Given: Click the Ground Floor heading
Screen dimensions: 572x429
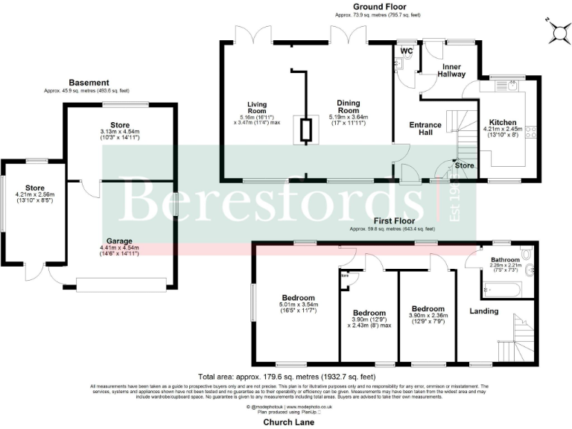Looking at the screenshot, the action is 385,5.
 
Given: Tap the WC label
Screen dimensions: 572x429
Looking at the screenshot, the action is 407,51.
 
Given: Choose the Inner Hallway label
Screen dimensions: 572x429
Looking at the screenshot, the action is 450,70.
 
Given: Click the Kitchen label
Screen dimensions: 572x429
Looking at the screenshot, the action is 502,123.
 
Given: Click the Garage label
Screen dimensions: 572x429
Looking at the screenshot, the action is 120,241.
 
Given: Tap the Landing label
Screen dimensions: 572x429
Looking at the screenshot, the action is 483,311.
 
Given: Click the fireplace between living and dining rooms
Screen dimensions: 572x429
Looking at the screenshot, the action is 305,131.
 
